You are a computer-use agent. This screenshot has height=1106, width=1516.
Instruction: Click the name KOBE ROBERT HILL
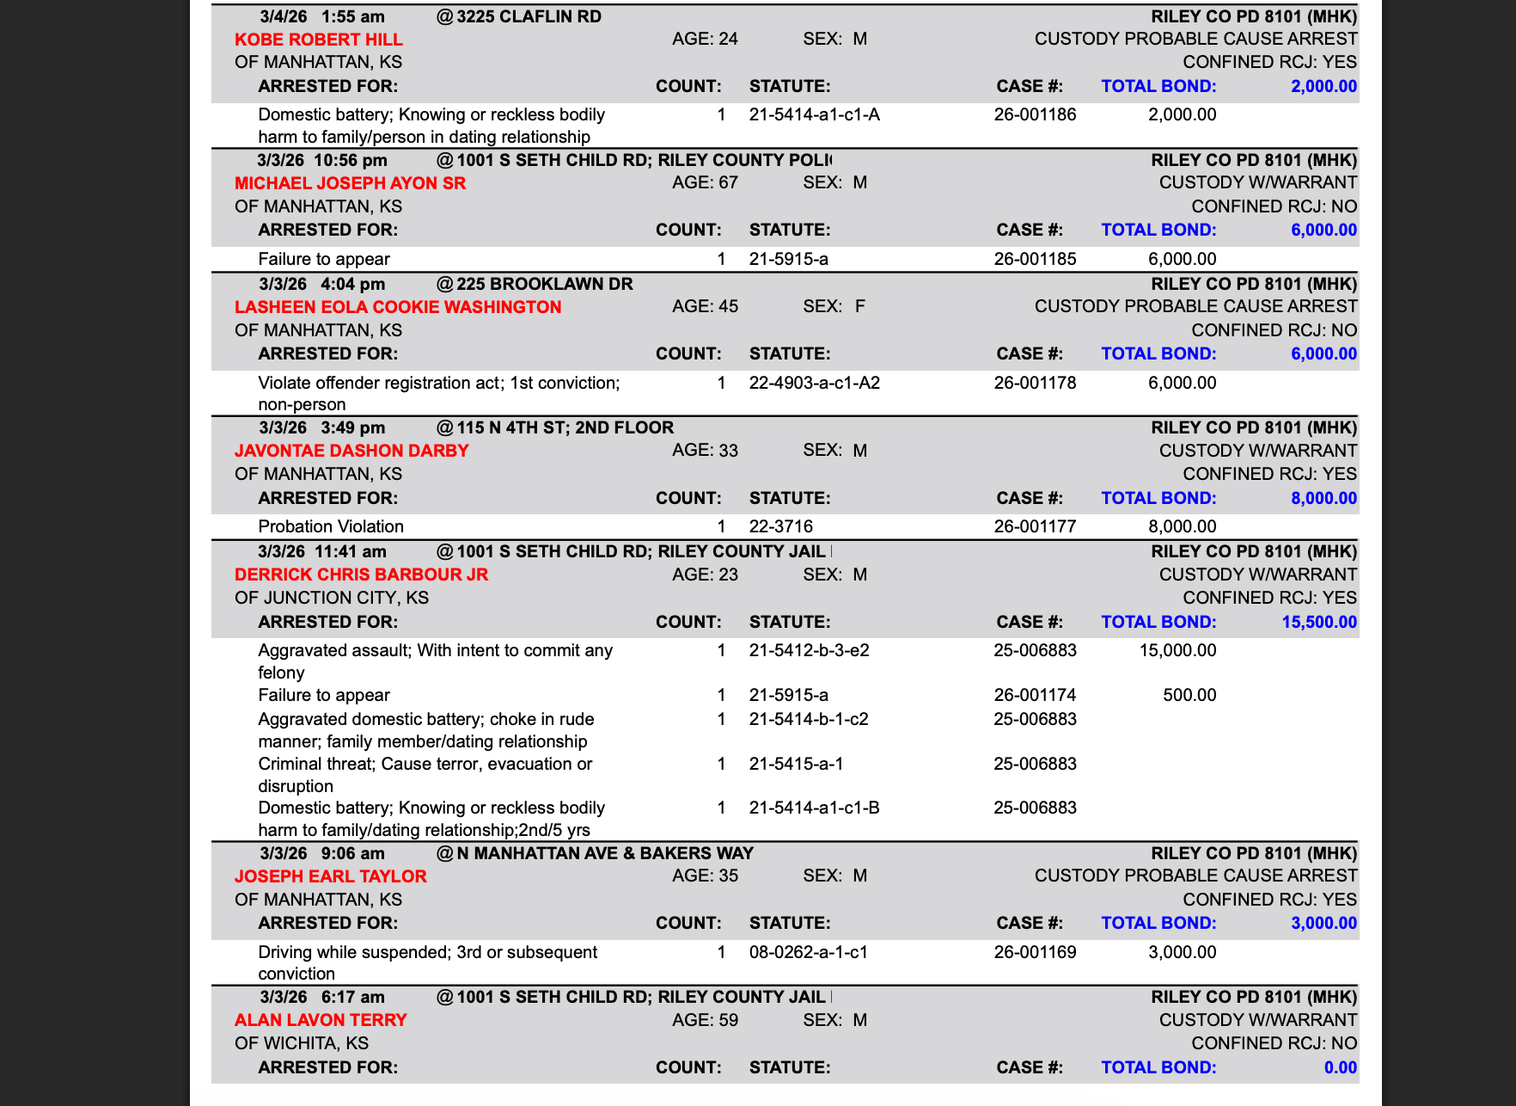[318, 40]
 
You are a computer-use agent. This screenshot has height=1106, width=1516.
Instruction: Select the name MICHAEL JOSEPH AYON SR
[350, 183]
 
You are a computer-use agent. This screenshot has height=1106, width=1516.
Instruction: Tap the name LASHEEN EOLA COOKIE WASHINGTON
[397, 307]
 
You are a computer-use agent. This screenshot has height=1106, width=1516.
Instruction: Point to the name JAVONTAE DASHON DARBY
[351, 451]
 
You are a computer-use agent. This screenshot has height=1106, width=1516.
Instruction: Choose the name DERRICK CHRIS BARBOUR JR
[361, 575]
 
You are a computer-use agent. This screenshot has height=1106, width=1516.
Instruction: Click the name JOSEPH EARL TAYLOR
[330, 876]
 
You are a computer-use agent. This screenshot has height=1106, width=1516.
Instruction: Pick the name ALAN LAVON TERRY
[320, 1020]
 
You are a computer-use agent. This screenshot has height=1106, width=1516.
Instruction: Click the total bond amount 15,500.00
[1318, 622]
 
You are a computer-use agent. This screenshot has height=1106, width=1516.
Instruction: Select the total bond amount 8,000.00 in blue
[1323, 498]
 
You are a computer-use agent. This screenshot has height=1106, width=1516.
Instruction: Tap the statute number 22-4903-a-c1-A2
[814, 383]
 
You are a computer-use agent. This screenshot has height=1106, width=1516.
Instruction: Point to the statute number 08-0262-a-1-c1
[808, 952]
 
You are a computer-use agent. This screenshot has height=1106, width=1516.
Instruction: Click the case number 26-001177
[1035, 526]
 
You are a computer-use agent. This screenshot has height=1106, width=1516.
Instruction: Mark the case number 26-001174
[1035, 695]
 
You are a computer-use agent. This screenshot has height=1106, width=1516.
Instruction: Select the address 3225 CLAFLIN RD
[529, 16]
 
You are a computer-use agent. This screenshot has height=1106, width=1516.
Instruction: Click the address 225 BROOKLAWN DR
[544, 284]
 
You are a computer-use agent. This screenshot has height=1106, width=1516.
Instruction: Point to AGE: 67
[705, 182]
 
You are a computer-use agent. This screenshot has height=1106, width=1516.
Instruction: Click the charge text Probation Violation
[331, 526]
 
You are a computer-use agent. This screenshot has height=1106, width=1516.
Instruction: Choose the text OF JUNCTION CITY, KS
[332, 598]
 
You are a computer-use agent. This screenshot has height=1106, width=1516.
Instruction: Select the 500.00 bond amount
[1189, 695]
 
